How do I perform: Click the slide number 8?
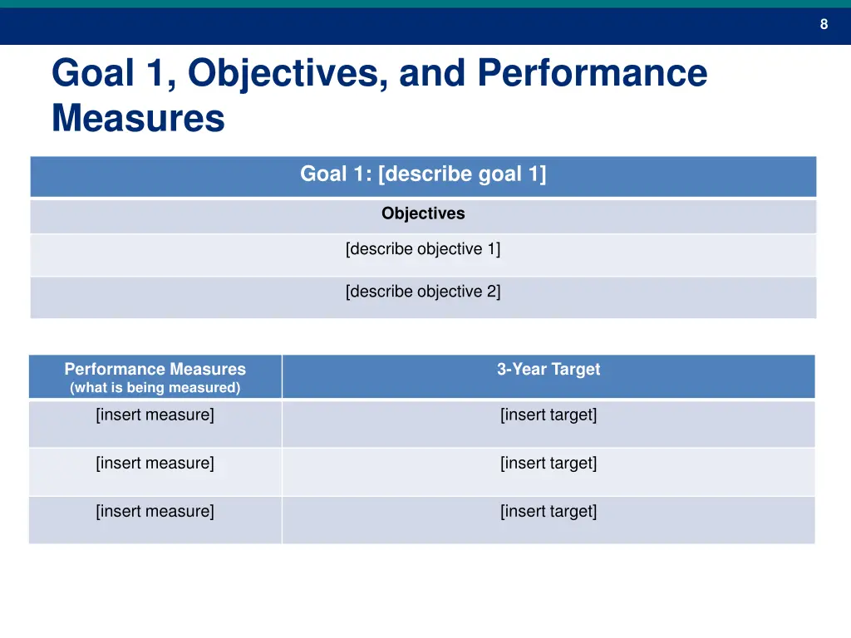point(824,24)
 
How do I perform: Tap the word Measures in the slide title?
point(138,118)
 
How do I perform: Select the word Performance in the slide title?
point(593,73)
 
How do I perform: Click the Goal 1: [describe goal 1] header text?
point(423,174)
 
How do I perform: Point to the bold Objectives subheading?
point(423,213)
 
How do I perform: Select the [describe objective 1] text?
point(423,249)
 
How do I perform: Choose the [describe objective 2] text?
point(423,292)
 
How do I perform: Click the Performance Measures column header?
point(155,370)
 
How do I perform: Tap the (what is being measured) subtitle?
point(155,388)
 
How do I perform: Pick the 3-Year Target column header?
point(548,370)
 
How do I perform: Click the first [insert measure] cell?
point(155,415)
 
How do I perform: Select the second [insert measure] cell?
point(155,463)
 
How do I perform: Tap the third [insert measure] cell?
point(155,511)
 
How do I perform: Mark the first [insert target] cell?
point(548,415)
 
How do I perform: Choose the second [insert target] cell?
point(548,463)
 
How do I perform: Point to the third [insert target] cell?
point(548,511)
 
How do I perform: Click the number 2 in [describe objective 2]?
point(492,292)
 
